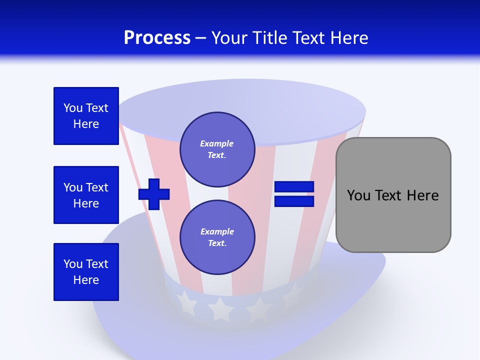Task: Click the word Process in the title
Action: pyautogui.click(x=157, y=38)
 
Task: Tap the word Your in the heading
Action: pyautogui.click(x=229, y=38)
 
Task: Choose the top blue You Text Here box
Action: pyautogui.click(x=86, y=116)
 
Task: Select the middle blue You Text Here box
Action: pyautogui.click(x=86, y=195)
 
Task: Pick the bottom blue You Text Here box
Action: pyautogui.click(x=86, y=272)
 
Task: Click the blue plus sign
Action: pyautogui.click(x=154, y=193)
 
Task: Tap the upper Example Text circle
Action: pyautogui.click(x=217, y=149)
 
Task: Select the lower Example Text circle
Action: pyautogui.click(x=217, y=237)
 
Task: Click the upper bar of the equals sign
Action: pyautogui.click(x=294, y=187)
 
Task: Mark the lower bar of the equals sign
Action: pyautogui.click(x=294, y=201)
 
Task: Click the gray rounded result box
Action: pyautogui.click(x=393, y=195)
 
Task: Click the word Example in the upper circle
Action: pyautogui.click(x=216, y=143)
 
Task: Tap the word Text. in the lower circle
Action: pyautogui.click(x=217, y=243)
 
